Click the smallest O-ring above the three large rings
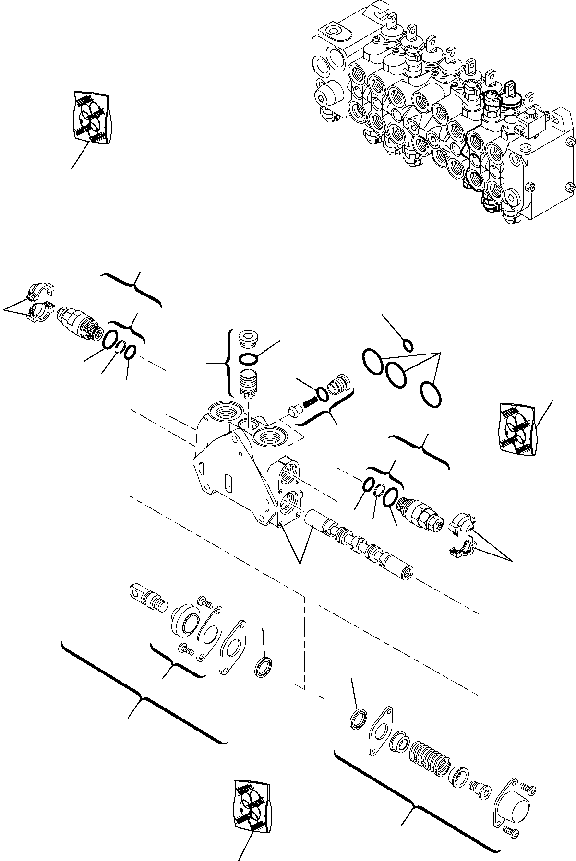[408, 345]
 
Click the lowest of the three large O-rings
[431, 394]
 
